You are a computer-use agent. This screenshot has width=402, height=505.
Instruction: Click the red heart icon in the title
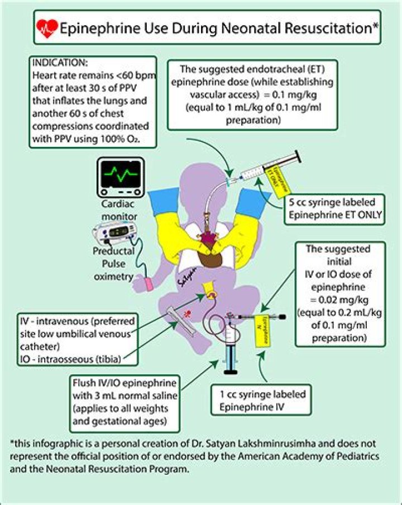click(46, 26)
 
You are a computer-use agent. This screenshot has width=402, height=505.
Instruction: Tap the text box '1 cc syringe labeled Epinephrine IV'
click(261, 401)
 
